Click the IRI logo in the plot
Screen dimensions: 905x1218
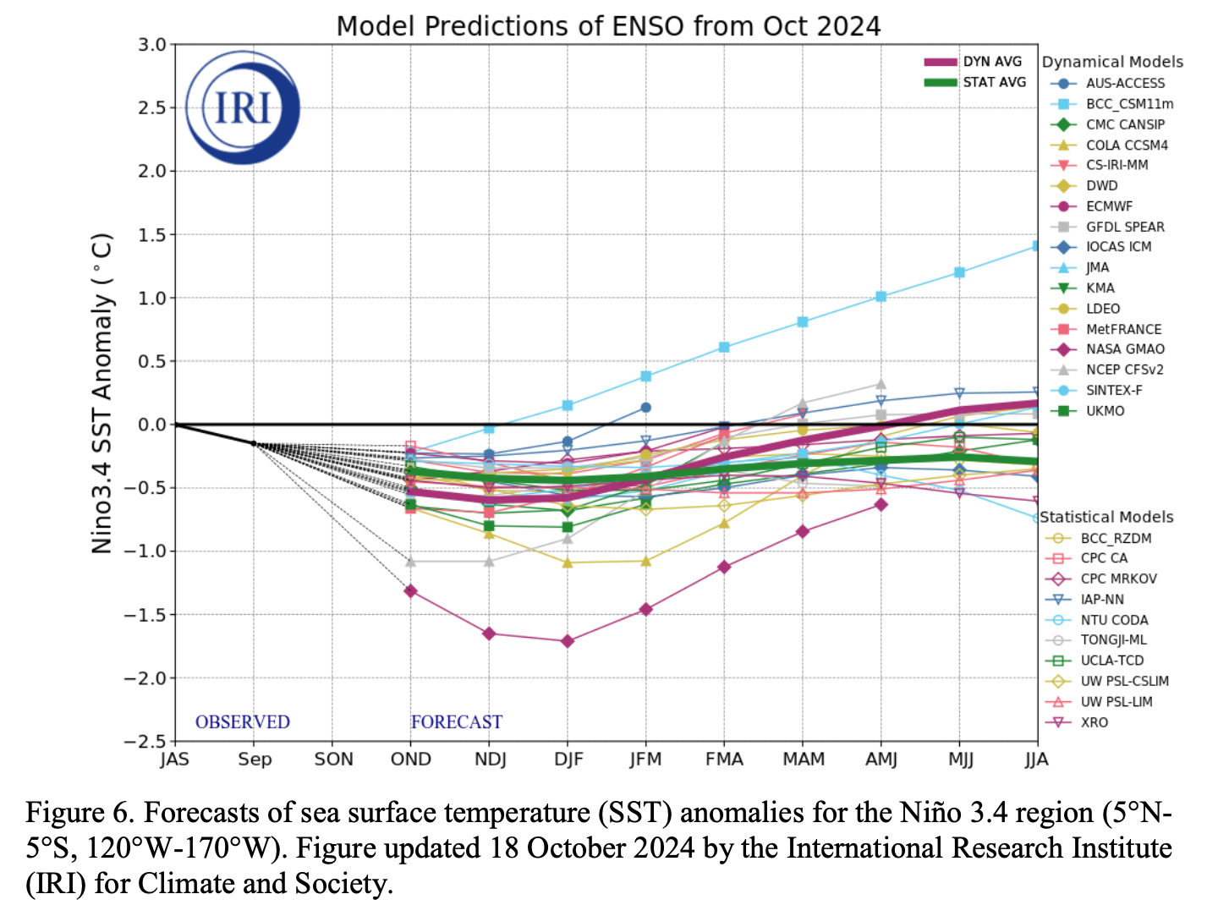(243, 107)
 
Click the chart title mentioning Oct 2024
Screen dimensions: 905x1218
(608, 26)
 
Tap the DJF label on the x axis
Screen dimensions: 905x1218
(568, 759)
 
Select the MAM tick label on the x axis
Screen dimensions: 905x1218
(804, 759)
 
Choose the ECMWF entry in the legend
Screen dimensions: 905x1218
(1109, 206)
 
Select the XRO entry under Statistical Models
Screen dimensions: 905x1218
(1094, 722)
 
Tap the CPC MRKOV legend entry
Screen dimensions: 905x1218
(1118, 579)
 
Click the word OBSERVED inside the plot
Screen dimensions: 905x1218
(243, 721)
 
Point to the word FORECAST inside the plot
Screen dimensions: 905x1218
(457, 721)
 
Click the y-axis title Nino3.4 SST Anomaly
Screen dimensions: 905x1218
(102, 393)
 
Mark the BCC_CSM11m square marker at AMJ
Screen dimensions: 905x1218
(881, 297)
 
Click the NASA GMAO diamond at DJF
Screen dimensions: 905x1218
(568, 641)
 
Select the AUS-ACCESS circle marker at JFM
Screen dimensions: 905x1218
(646, 408)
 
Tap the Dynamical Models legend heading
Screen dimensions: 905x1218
(1112, 62)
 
